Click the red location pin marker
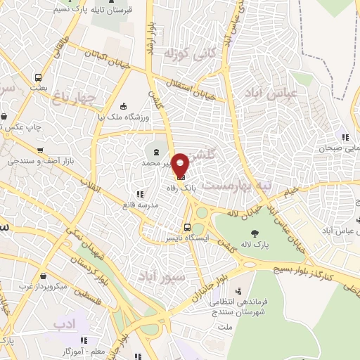tap(181, 165)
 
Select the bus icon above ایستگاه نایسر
tap(186, 227)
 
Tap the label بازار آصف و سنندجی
tap(28, 162)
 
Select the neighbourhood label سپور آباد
tap(153, 274)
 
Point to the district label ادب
tap(63, 323)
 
